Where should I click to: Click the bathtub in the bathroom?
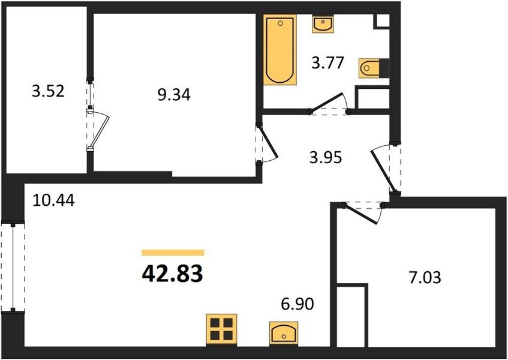tap(280, 50)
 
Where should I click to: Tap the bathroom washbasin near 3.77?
tap(323, 23)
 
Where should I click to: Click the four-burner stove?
tap(221, 329)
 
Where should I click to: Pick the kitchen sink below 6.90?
tap(284, 332)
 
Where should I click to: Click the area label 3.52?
tap(48, 91)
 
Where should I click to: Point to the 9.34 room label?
tap(174, 95)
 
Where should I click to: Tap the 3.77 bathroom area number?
tap(327, 63)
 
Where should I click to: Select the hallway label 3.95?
tap(326, 158)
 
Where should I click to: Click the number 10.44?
tap(54, 200)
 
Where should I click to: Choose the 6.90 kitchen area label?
tap(297, 304)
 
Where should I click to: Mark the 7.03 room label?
tap(425, 278)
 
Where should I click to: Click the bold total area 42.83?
tap(172, 274)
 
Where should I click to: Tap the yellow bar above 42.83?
tap(173, 253)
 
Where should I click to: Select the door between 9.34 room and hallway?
tap(267, 143)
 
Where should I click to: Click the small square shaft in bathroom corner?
tap(381, 22)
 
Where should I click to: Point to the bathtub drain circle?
tap(280, 23)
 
